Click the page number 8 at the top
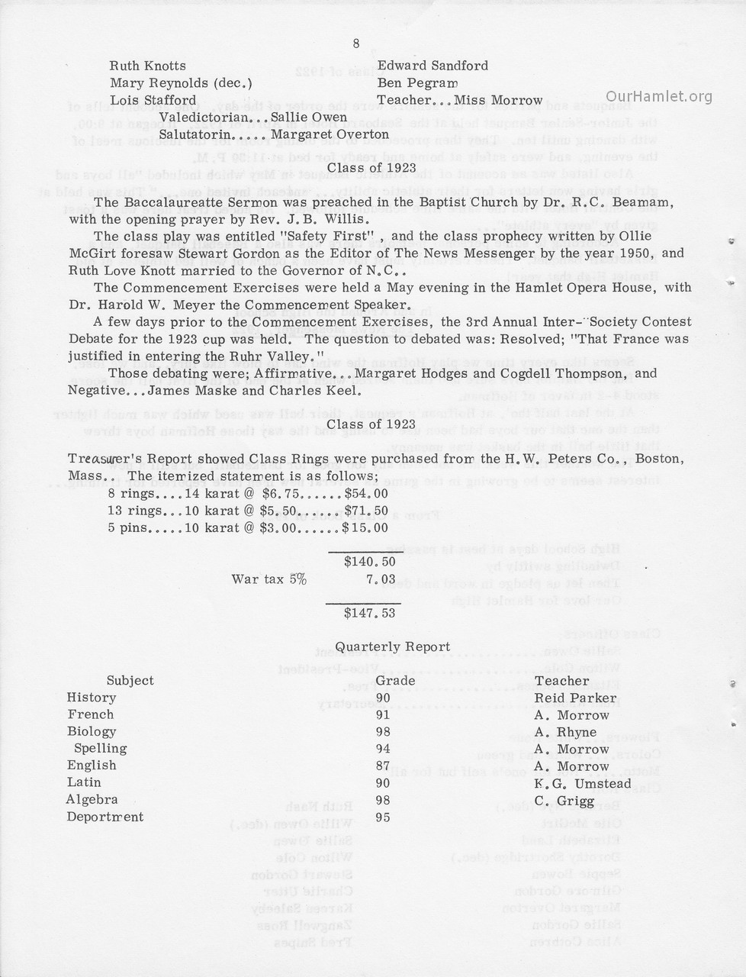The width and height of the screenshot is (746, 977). (x=356, y=44)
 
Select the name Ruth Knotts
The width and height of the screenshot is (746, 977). (x=147, y=66)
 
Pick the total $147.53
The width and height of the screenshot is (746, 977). (x=369, y=612)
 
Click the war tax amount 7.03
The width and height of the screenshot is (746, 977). (x=381, y=579)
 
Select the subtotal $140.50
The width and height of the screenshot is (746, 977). (x=369, y=562)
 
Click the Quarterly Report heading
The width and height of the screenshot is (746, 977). (x=393, y=646)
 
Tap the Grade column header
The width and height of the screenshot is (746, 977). (x=395, y=681)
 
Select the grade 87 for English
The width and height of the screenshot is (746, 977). (x=383, y=766)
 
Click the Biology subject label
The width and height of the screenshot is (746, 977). (x=92, y=731)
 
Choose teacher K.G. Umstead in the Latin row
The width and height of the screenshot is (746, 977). (x=583, y=784)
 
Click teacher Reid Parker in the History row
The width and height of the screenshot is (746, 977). (x=575, y=698)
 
